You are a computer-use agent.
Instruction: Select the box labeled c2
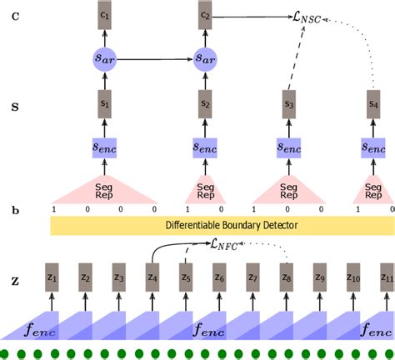pos(207,17)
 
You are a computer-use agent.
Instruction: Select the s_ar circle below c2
pos(207,59)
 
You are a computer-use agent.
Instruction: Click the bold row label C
pos(15,17)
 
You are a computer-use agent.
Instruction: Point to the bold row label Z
pos(15,282)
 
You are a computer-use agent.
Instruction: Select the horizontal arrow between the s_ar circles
pos(155,59)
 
